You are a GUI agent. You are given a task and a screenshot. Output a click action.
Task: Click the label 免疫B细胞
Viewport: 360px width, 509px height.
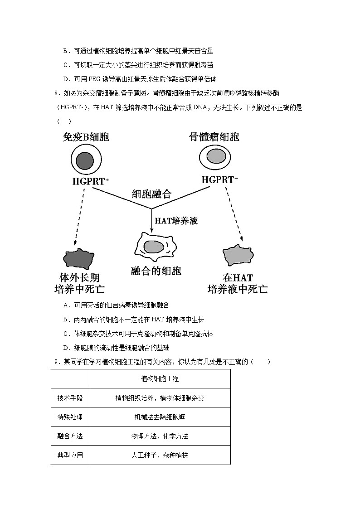click(x=86, y=137)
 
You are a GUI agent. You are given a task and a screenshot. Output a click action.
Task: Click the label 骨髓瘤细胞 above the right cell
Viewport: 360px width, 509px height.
click(x=214, y=137)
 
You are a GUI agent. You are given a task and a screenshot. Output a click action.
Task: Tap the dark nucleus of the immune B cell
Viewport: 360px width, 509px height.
click(x=85, y=160)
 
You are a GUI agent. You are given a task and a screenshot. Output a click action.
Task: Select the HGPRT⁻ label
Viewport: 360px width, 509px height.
click(x=220, y=180)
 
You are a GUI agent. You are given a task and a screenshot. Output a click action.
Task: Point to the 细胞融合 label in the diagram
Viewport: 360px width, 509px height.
click(x=151, y=194)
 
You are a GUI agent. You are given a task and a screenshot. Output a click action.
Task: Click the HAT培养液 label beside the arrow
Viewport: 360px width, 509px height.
click(x=176, y=221)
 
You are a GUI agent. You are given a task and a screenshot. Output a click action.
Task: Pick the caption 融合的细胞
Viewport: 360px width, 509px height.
click(x=156, y=271)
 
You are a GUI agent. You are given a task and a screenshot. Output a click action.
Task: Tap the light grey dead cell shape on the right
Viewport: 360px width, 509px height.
click(x=238, y=257)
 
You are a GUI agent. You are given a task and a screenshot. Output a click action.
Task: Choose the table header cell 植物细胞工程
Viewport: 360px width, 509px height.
click(x=160, y=378)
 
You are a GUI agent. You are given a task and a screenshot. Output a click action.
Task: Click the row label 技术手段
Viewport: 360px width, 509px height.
click(x=70, y=398)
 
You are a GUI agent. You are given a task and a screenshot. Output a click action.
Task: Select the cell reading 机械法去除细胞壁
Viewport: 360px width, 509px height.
click(x=160, y=417)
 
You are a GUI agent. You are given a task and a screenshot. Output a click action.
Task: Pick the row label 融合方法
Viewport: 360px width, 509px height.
click(x=70, y=436)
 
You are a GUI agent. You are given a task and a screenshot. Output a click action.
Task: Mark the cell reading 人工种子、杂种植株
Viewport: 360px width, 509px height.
click(x=160, y=455)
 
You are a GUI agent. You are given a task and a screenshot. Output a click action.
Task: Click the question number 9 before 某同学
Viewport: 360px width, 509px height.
click(x=56, y=362)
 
